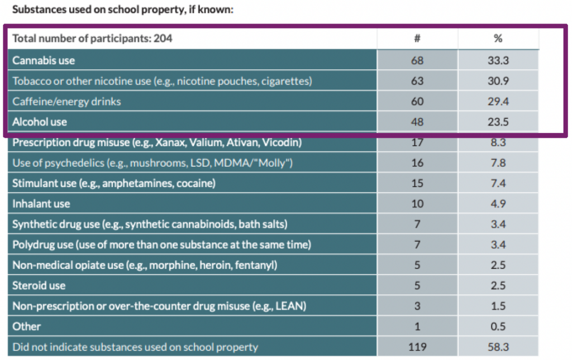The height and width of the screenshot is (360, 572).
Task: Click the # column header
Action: (417, 39)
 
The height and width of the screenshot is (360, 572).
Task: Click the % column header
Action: (498, 39)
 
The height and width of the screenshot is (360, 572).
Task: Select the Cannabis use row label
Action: (44, 60)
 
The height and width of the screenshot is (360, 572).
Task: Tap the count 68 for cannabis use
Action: (417, 60)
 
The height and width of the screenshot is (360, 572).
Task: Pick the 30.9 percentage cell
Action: (498, 81)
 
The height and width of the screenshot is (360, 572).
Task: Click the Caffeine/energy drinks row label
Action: (66, 102)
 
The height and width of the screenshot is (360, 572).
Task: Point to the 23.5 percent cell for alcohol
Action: (498, 122)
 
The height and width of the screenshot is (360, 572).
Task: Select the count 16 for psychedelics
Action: (417, 162)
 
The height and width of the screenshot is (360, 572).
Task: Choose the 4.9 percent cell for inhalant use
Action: (498, 204)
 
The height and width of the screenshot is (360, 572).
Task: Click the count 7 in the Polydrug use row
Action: (417, 244)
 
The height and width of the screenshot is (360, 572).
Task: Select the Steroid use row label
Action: (39, 285)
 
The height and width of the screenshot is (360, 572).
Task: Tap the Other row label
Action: (26, 326)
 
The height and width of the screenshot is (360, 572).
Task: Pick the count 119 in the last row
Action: (417, 347)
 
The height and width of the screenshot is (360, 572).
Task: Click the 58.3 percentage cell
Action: (498, 347)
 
